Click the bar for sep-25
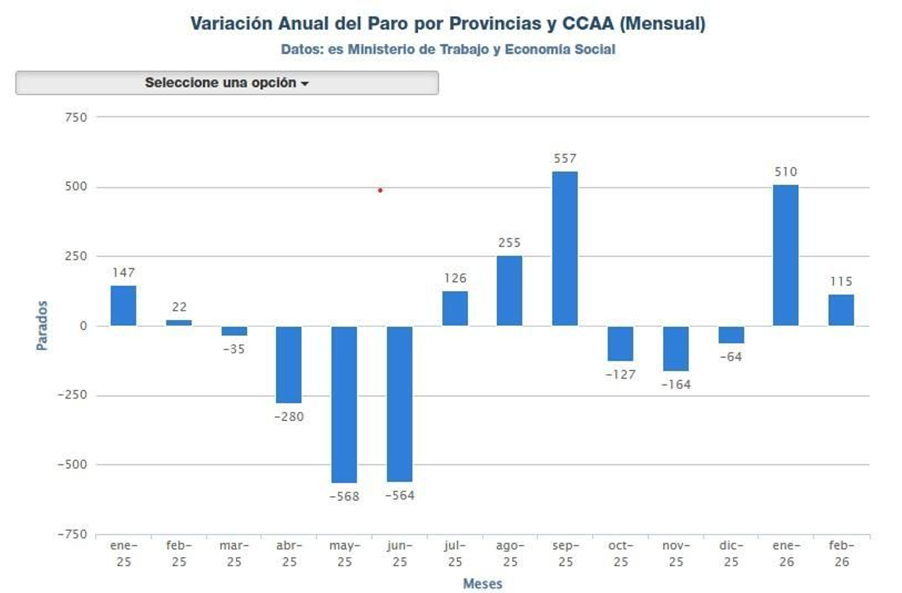click(x=564, y=248)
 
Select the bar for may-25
click(x=344, y=404)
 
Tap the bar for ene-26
click(x=785, y=255)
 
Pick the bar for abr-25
click(x=289, y=364)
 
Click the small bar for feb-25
click(x=179, y=323)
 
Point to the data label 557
click(x=564, y=159)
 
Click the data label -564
click(x=399, y=496)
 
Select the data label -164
click(x=675, y=385)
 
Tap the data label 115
click(x=841, y=282)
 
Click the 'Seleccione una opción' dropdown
click(x=227, y=83)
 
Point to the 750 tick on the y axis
click(x=76, y=118)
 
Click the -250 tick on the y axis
click(x=72, y=395)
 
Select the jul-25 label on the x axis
click(x=454, y=553)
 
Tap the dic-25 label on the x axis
click(x=731, y=553)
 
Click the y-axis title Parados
click(x=42, y=326)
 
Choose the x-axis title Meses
click(x=482, y=584)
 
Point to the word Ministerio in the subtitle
click(x=381, y=50)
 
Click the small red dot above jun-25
click(x=380, y=190)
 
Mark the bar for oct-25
click(x=620, y=344)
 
